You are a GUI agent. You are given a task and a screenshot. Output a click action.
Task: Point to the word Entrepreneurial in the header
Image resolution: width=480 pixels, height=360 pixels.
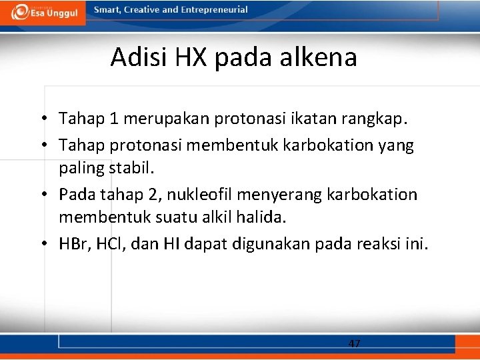tap(214, 10)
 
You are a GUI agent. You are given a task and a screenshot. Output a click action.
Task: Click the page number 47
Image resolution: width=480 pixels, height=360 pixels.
tap(354, 343)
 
